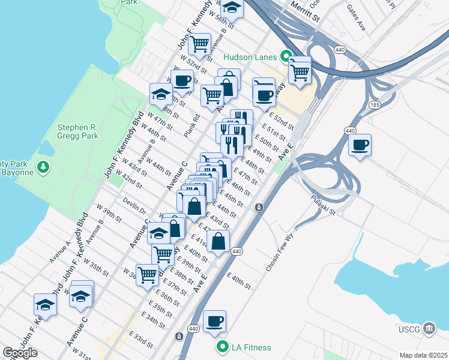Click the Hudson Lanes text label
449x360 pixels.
(249, 57)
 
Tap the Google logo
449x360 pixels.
(20, 352)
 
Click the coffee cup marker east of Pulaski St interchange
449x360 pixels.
(360, 145)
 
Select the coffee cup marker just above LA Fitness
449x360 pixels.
(214, 322)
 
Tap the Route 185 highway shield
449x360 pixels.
(375, 104)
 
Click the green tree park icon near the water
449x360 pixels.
(43, 166)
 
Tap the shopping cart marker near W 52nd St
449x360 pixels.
(199, 44)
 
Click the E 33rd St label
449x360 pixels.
(143, 340)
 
